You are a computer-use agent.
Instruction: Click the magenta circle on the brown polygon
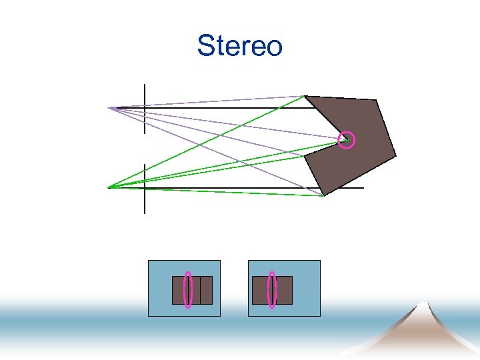coord(346,140)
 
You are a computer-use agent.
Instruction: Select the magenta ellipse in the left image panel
coord(189,290)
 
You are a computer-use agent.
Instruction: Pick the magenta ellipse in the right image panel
coord(272,290)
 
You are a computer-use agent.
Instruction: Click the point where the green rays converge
coord(109,187)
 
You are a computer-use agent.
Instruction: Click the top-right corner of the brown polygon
coord(377,101)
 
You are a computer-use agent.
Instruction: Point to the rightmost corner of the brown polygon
coord(396,157)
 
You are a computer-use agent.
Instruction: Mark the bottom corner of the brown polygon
coord(324,196)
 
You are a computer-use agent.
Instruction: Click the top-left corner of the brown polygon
coord(305,96)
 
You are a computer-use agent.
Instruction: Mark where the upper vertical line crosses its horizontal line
coord(145,108)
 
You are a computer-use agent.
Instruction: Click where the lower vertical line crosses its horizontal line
coord(145,188)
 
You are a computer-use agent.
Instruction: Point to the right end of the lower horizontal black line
coord(364,188)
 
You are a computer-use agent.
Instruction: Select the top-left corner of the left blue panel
coord(148,261)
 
